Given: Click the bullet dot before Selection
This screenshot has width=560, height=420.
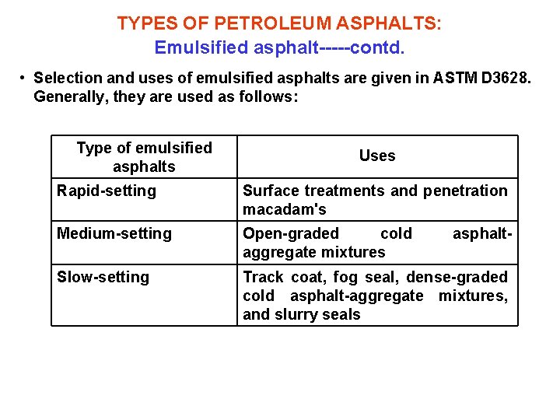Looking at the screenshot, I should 24,79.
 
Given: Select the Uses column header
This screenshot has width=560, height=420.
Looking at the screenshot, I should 377,156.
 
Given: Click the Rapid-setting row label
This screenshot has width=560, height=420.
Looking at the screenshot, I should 107,191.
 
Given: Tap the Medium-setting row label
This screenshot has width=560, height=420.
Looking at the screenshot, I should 114,233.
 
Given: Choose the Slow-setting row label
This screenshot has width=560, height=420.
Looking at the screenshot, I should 103,277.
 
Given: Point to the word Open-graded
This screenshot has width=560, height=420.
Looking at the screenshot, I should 291,233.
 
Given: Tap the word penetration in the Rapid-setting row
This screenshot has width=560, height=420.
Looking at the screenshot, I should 465,191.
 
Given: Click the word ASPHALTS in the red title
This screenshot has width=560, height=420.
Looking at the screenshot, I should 394,23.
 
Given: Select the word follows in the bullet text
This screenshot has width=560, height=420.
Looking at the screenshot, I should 269,98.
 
